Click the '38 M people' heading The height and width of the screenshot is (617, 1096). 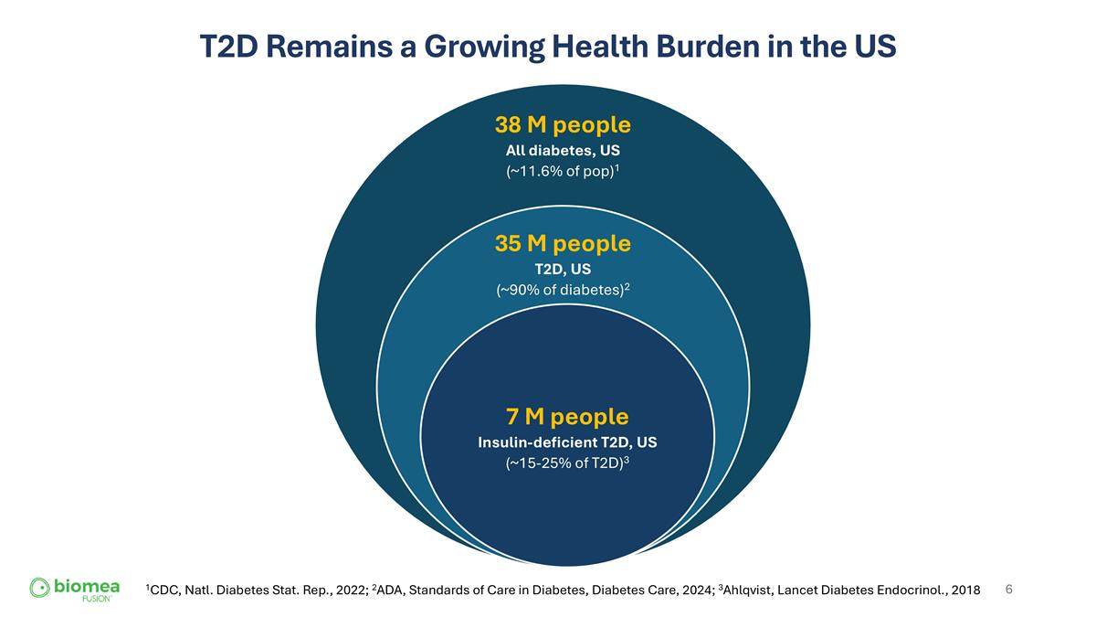click(563, 124)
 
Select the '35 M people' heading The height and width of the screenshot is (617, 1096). click(563, 244)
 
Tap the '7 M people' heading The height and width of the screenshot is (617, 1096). click(567, 417)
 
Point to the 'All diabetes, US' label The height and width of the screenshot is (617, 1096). click(563, 151)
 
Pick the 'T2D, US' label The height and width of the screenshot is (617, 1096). click(563, 270)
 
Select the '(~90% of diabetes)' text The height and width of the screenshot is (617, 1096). click(561, 292)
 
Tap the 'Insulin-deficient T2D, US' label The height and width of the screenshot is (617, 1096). click(567, 442)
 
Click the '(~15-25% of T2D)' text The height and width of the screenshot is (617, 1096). click(565, 463)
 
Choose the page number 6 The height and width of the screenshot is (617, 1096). click(1008, 590)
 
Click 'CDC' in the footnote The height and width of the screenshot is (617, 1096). click(165, 591)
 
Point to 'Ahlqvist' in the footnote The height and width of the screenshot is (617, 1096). click(753, 591)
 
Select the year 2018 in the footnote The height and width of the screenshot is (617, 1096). click(964, 591)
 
